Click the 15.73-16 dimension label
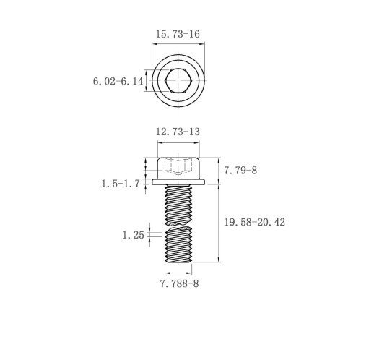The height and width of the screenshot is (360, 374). click(x=178, y=34)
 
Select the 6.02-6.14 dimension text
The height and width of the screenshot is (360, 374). click(x=118, y=81)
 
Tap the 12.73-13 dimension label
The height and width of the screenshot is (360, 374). click(x=178, y=132)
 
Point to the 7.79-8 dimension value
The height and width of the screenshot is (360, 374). click(x=240, y=171)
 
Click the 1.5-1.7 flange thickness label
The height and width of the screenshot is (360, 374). click(x=121, y=184)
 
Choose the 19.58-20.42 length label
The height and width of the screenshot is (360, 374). click(x=255, y=222)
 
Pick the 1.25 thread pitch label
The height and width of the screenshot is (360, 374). click(x=134, y=235)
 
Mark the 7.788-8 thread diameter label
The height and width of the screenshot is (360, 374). click(x=180, y=283)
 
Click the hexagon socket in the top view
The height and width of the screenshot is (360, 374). click(x=178, y=80)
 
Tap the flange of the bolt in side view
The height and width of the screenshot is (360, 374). click(x=178, y=182)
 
